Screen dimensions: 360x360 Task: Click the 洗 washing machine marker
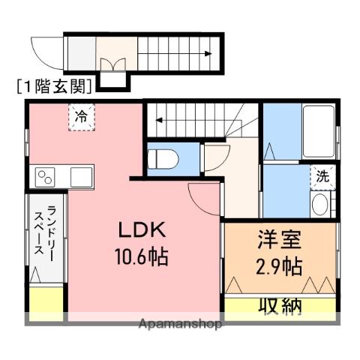(322, 178)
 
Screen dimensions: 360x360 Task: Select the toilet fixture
(163, 160)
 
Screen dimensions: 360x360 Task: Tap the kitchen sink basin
(80, 177)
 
